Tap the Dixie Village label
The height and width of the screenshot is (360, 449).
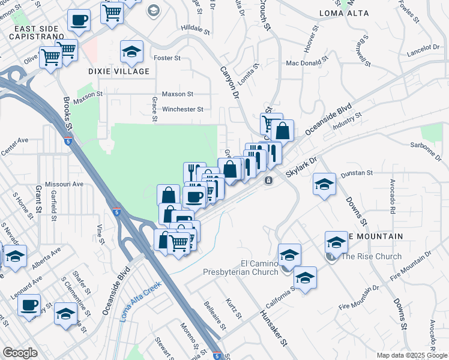pos(119,71)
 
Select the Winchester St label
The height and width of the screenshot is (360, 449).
pos(182,109)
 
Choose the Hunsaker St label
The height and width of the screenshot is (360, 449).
pos(274,328)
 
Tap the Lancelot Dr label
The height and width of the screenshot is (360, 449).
pos(423,47)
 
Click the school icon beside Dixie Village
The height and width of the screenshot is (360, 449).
pos(131,52)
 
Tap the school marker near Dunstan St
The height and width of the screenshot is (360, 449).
pos(324,183)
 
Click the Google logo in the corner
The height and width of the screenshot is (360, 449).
pos(20,353)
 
